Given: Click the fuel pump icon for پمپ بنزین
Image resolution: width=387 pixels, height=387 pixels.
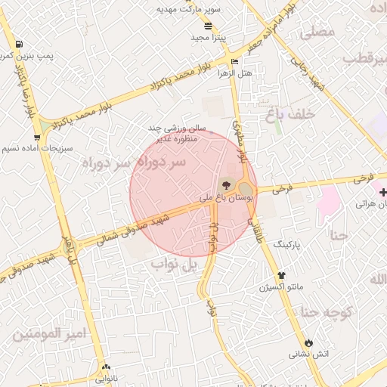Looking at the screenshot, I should point(18,43).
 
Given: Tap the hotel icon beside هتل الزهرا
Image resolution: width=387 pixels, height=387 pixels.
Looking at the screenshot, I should point(234,61).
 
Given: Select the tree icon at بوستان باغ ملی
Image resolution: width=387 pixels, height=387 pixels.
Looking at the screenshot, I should point(224,184).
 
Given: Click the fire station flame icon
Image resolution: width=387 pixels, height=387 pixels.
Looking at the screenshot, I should point(308,342).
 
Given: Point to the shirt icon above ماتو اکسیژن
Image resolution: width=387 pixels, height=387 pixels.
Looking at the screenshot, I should point(282,275).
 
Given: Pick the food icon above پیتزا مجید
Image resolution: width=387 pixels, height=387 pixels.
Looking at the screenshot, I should point(208,25).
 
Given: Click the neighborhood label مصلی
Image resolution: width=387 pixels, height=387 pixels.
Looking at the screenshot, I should point(317,33).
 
